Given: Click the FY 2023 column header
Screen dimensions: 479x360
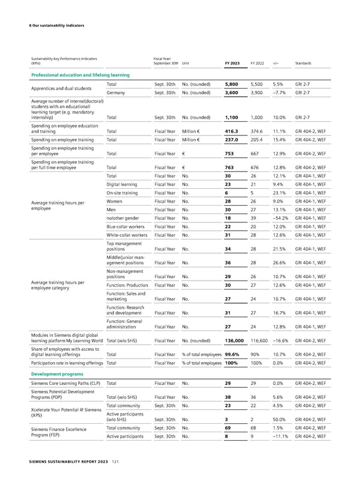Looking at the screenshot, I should tap(232, 63).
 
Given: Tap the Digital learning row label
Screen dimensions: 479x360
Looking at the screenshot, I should tap(122, 186).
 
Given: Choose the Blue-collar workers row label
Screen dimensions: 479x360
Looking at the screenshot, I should tap(126, 230).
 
